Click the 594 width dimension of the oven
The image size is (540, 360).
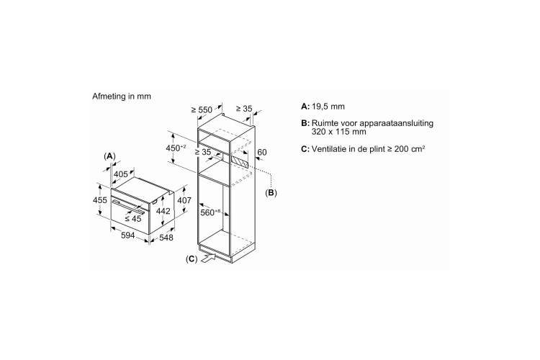pos(127,235)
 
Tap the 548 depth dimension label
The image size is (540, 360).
pos(166,238)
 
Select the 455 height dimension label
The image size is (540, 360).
pos(100,200)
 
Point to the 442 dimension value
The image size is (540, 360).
pos(163,211)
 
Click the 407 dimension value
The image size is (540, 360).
pos(184,200)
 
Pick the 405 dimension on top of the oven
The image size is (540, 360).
pos(120,174)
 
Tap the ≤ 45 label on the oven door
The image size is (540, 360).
pos(133,218)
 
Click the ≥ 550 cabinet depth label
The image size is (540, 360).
pos(202,110)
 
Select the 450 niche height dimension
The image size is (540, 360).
pos(176,148)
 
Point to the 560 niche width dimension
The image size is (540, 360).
pos(210,212)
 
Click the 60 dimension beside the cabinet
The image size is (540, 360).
pos(262,152)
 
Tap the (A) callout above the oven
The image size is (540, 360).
pos(109,156)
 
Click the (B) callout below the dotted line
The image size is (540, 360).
pos(271,192)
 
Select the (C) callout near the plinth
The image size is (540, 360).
pos(192,259)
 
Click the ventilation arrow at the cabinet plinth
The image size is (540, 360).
pos(208,258)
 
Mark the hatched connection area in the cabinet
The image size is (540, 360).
pos(240,161)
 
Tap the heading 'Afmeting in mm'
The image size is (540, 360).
pos(122,96)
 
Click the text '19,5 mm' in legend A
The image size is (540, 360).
pos(328,107)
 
